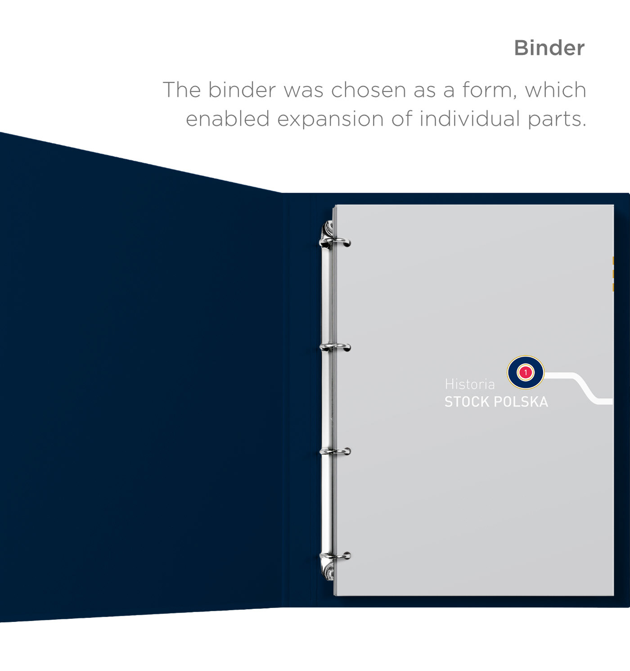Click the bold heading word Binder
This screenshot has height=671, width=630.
click(549, 48)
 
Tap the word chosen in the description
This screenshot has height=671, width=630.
click(368, 90)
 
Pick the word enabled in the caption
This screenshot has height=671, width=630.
click(227, 119)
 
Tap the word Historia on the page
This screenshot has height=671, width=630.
click(469, 384)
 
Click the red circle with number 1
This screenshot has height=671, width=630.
click(525, 372)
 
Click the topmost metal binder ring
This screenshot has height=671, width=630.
click(336, 242)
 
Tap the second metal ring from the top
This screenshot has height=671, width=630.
click(336, 347)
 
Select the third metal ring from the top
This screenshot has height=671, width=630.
click(336, 451)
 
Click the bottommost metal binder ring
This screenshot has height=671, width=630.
click(336, 556)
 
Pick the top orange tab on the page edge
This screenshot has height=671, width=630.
click(613, 260)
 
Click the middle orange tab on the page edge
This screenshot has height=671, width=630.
click(613, 274)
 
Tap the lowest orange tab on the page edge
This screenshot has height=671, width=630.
click(613, 287)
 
